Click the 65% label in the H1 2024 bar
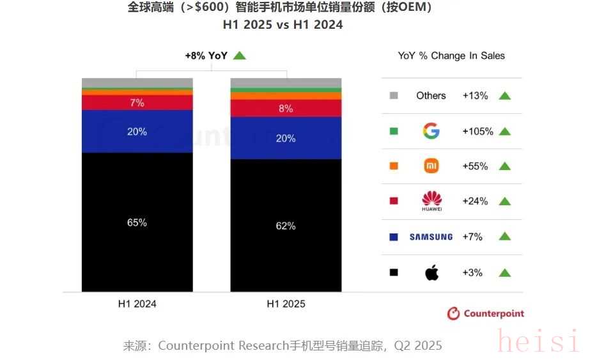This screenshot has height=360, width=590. [137, 223]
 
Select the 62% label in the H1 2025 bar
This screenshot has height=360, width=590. [286, 226]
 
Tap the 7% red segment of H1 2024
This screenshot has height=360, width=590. [137, 102]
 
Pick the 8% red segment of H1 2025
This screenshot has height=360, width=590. [286, 109]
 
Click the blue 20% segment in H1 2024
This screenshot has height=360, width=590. [137, 132]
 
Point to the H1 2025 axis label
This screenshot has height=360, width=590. [286, 304]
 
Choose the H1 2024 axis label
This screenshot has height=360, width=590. [137, 304]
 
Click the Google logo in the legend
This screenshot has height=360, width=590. [431, 131]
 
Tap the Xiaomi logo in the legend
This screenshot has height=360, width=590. [431, 166]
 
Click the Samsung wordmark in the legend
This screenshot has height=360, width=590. [431, 237]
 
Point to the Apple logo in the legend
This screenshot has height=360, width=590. [431, 273]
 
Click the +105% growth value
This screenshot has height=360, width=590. [477, 131]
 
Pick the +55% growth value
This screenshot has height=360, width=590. [475, 166]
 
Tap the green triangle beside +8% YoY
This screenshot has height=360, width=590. [240, 56]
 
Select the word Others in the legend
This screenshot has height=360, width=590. [431, 95]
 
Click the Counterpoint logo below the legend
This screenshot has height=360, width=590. [485, 313]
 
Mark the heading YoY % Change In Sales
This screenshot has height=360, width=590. [451, 56]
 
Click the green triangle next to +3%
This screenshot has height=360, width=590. [504, 273]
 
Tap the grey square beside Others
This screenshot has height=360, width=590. [394, 96]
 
